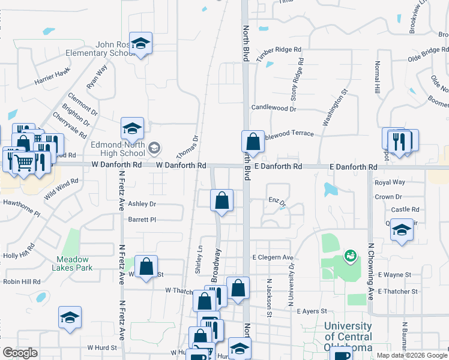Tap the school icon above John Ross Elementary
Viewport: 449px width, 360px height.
tap(140, 43)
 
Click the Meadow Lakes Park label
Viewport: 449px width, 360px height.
tap(74, 263)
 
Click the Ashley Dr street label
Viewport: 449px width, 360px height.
tap(142, 204)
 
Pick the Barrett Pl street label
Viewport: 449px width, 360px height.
tap(142, 220)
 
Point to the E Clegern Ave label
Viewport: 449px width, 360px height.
tap(273, 257)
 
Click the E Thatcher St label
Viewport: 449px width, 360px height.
tap(398, 291)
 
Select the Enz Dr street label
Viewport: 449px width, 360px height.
tap(277, 200)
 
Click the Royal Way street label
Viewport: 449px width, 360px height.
tap(390, 182)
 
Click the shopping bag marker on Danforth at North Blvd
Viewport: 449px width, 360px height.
tap(253, 142)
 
